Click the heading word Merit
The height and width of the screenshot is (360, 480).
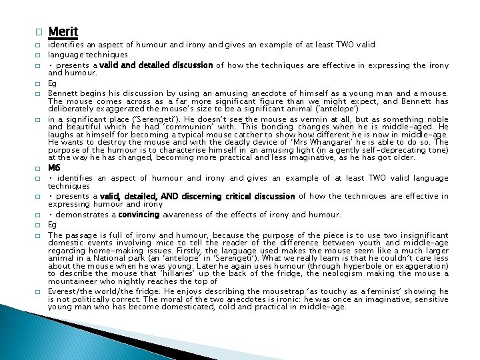pos(63,31)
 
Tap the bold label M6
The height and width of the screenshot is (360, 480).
pos(55,168)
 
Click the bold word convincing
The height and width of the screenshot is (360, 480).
pos(139,215)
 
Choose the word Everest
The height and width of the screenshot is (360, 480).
pos(65,292)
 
